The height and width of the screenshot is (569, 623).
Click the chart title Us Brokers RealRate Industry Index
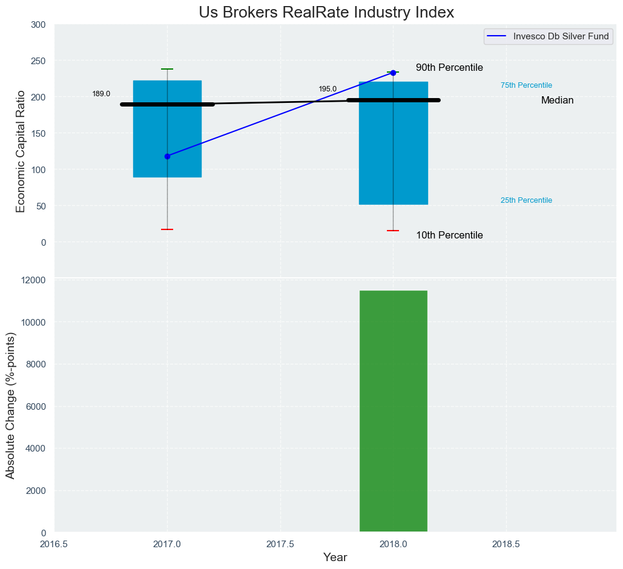click(326, 12)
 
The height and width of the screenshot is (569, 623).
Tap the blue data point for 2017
click(167, 156)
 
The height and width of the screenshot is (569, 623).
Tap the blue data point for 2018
click(393, 73)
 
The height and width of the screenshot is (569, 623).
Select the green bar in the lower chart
click(394, 412)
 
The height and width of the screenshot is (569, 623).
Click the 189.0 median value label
click(101, 94)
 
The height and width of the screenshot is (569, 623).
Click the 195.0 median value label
click(328, 89)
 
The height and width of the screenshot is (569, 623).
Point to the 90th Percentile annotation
click(449, 68)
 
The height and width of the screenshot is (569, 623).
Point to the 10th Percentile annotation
click(449, 235)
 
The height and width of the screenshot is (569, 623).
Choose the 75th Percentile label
click(526, 85)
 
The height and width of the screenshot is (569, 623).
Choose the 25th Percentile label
click(526, 200)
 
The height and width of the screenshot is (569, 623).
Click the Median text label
click(557, 100)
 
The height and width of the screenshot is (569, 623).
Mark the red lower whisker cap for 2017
click(167, 229)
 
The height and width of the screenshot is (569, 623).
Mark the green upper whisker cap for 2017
click(167, 69)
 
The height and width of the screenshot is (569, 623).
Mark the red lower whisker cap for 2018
click(393, 231)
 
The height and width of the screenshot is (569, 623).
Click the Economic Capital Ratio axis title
click(21, 151)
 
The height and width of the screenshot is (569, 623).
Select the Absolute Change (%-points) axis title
click(10, 405)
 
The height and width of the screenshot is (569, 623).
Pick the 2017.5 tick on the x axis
click(280, 544)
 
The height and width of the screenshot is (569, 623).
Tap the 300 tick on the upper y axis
click(38, 24)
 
